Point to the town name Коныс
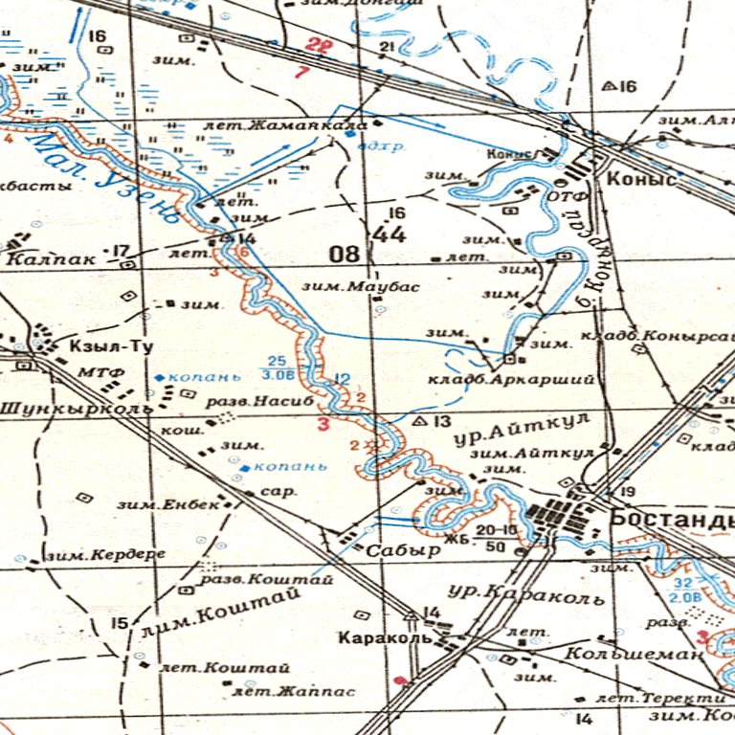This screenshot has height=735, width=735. pos(641,179)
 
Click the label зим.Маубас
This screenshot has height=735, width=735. pos(345,285)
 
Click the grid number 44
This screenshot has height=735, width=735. pos(391,234)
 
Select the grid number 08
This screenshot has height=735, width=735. pos(345,254)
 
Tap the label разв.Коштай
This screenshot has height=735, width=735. pos(265,579)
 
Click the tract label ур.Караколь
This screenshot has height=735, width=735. pos(527,594)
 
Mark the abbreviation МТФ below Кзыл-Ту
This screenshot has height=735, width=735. pos(99,371)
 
